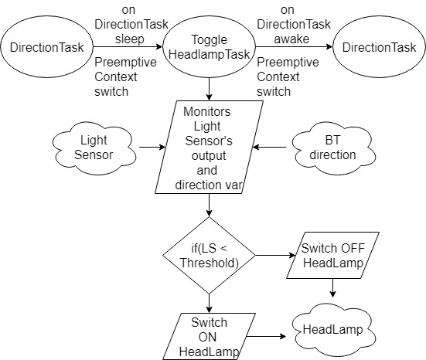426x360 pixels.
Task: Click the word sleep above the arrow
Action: tap(130, 39)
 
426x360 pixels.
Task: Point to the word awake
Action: tap(291, 39)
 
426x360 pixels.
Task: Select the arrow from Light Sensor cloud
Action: tap(152, 148)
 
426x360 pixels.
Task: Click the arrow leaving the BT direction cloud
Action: tap(270, 148)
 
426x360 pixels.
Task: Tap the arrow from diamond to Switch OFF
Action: tap(275, 255)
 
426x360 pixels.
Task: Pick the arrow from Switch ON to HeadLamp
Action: tap(266, 337)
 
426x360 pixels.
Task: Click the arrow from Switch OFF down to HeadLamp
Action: tap(332, 288)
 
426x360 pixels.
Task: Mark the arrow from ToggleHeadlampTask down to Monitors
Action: tap(209, 89)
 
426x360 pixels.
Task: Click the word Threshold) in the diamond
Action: tap(210, 263)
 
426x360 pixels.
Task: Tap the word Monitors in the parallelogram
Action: tap(207, 111)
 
